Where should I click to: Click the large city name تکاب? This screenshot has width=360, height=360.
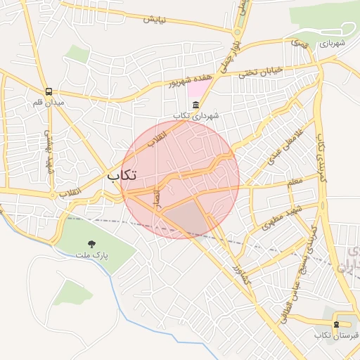pos(122,175)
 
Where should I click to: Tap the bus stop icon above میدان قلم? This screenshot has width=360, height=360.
pos(49,91)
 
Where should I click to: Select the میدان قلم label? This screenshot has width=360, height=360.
pos(49,103)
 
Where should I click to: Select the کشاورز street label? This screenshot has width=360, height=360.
pos(238,260)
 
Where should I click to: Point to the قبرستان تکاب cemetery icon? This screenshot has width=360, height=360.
pos(336,324)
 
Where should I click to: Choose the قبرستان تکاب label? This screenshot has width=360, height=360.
pos(336,335)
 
